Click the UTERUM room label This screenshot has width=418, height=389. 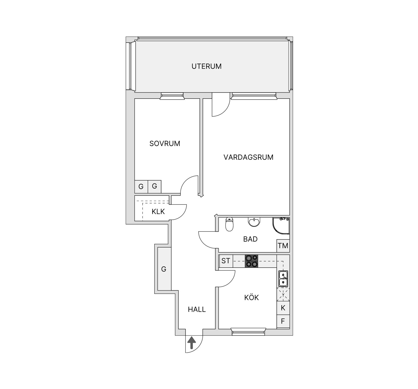click(x=206, y=66)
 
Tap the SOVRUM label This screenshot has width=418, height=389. click(x=165, y=144)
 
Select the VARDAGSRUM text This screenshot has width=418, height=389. click(x=248, y=157)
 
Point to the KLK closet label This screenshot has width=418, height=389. click(x=158, y=211)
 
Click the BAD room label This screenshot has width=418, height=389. click(x=250, y=239)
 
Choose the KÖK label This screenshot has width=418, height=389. click(x=252, y=298)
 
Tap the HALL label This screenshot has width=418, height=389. click(x=197, y=309)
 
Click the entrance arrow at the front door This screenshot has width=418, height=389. click(x=192, y=344)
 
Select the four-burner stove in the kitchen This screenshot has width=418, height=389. click(x=251, y=261)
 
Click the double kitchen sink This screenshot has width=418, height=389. click(x=283, y=279)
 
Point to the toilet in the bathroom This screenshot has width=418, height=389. click(x=229, y=225)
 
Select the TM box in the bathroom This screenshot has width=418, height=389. click(x=283, y=246)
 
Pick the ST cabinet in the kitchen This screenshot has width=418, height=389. click(x=226, y=261)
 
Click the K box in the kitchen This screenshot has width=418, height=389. click(x=283, y=308)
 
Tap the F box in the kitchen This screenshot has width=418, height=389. click(x=283, y=321)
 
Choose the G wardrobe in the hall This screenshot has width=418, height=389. click(x=164, y=269)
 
